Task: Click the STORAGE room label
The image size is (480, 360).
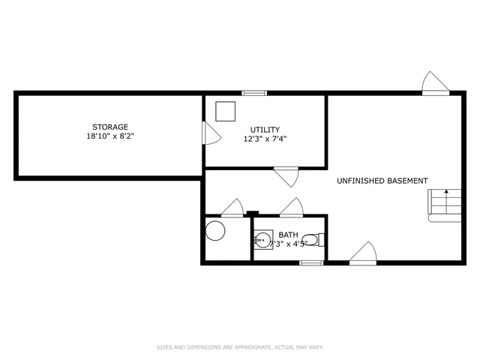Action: [x=110, y=127]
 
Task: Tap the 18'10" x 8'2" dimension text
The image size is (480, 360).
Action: [x=110, y=136]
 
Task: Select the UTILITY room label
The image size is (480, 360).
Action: [x=265, y=130]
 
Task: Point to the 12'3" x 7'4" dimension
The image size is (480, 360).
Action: [x=265, y=139]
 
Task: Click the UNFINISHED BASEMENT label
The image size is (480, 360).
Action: [x=382, y=181]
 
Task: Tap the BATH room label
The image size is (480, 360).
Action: [x=288, y=235]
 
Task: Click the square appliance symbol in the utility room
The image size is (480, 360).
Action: [x=224, y=111]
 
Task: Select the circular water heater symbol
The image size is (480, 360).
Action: [x=217, y=230]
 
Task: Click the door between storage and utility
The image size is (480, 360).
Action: [x=211, y=134]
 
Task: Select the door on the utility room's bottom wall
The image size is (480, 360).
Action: [x=286, y=177]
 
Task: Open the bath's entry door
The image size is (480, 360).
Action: [x=291, y=207]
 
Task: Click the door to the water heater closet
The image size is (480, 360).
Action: [x=232, y=207]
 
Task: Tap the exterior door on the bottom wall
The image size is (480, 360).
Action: [x=362, y=253]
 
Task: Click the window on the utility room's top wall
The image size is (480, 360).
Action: [x=254, y=93]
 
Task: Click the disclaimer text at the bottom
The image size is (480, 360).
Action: [x=239, y=347]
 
